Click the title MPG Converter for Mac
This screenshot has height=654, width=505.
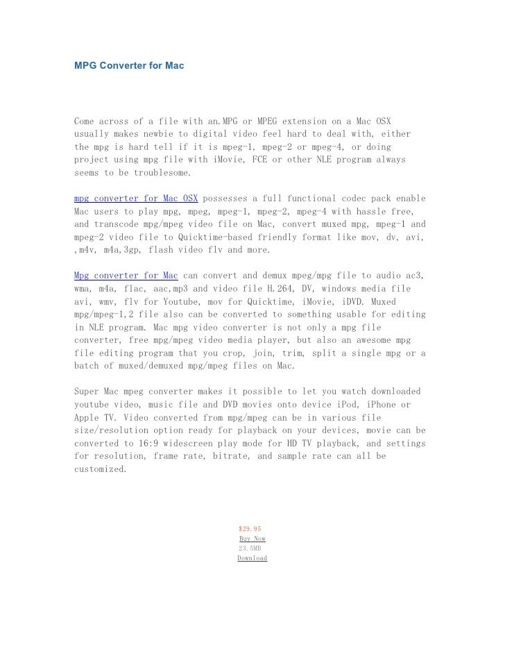(x=128, y=65)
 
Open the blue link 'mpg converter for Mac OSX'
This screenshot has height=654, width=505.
(x=136, y=199)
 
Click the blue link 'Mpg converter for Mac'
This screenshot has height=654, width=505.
(x=126, y=276)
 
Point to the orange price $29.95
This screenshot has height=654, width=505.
(x=249, y=528)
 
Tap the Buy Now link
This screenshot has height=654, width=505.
(x=252, y=538)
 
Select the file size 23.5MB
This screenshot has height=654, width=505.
(x=250, y=548)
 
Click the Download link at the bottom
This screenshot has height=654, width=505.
(x=252, y=557)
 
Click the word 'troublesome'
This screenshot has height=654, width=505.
(x=162, y=173)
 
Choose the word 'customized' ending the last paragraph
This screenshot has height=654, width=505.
(x=101, y=469)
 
